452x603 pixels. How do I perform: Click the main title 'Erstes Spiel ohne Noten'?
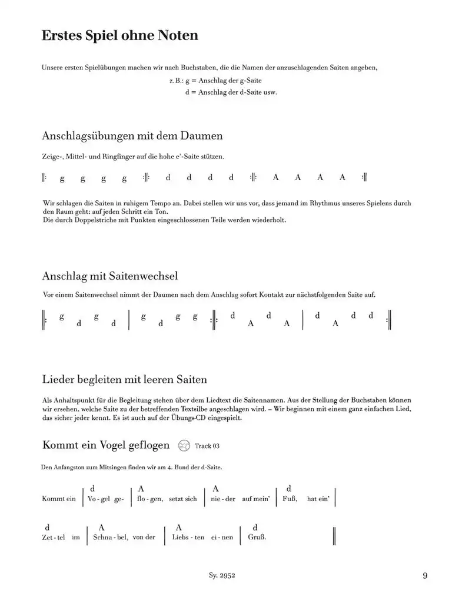tap(119, 36)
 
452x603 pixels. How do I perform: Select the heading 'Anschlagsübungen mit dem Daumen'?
tap(132, 136)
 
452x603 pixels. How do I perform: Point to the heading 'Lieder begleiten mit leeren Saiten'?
tap(124, 379)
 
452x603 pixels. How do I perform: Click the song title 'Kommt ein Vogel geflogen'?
tap(106, 445)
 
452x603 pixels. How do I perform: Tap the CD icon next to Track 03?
tap(184, 446)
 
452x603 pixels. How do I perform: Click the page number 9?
tap(425, 576)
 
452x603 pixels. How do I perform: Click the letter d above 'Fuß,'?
tap(288, 488)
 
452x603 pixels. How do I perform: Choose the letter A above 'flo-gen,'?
tap(141, 488)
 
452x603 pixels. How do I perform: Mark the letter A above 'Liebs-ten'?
tap(179, 527)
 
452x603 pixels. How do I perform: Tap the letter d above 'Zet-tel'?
tap(46, 527)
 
